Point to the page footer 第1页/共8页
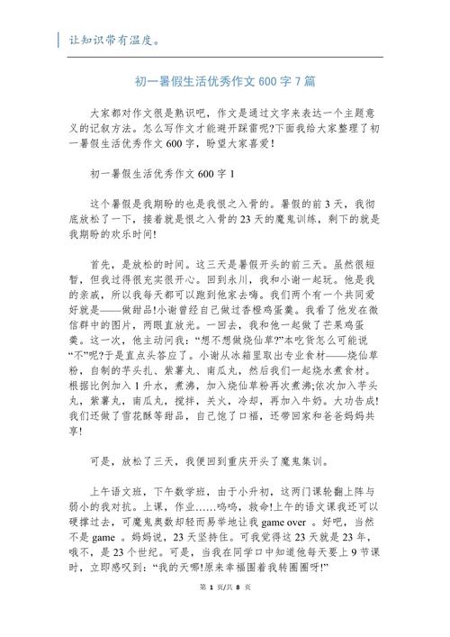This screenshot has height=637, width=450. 224,613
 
